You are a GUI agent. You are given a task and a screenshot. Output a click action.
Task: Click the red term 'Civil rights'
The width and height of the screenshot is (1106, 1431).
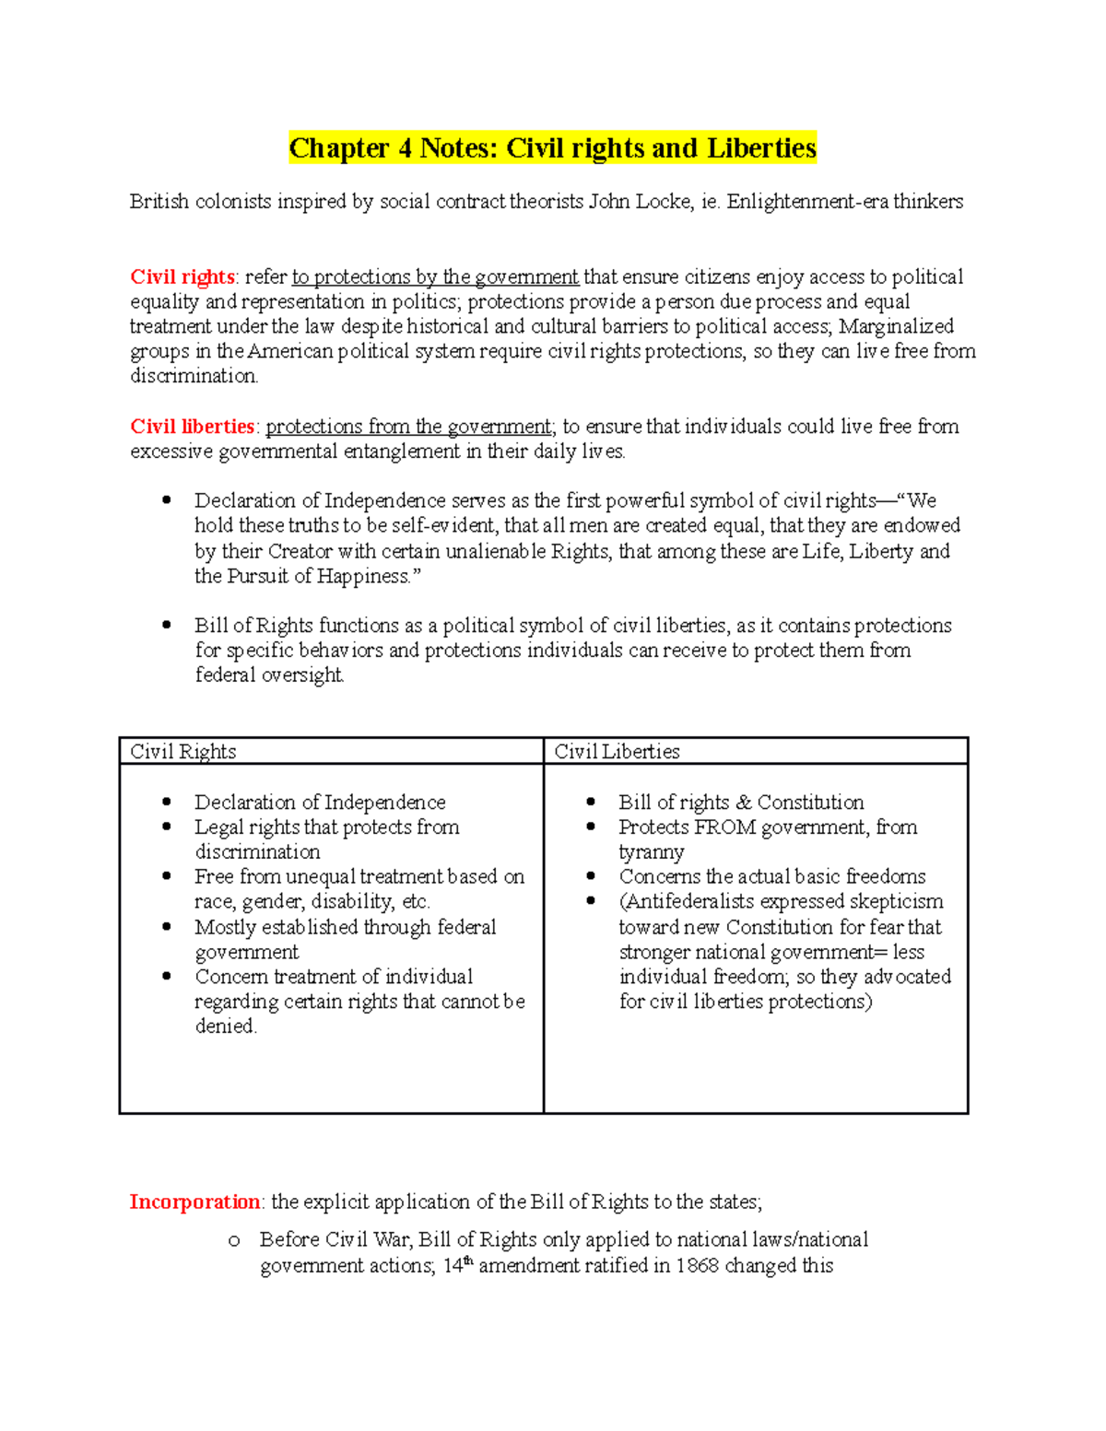[182, 277]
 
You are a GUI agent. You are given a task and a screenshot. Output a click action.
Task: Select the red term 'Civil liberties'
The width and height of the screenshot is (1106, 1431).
[192, 427]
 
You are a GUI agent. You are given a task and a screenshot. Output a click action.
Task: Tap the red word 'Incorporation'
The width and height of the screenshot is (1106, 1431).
[194, 1202]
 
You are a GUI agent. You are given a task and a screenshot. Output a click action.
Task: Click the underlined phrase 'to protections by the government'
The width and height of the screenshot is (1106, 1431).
[435, 277]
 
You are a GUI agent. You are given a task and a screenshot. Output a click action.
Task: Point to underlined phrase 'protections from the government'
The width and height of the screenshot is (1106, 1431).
[408, 427]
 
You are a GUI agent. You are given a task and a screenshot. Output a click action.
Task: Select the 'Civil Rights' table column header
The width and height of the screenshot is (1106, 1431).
[183, 752]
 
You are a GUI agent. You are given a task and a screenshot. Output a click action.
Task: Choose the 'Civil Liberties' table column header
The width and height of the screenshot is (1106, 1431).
[617, 752]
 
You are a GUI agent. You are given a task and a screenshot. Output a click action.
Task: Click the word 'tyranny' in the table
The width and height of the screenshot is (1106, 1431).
[651, 852]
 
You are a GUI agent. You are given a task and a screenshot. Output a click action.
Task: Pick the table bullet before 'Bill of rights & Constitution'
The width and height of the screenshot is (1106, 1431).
[591, 802]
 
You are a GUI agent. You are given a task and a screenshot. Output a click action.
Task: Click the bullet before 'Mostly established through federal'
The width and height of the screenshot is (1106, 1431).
[167, 927]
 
